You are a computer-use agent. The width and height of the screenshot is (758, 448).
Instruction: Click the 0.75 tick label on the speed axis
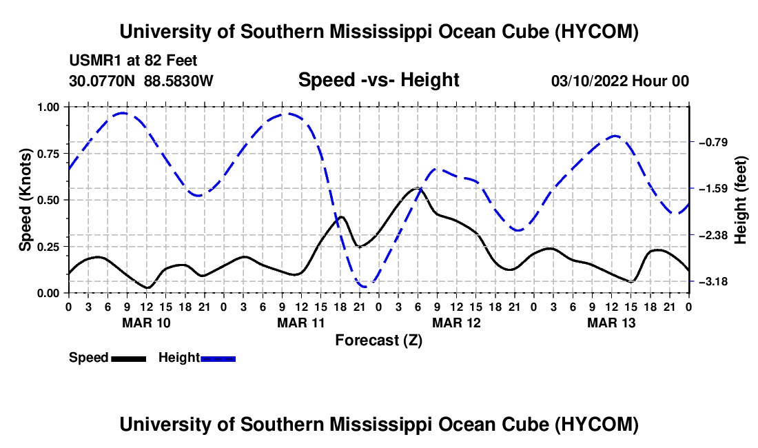coord(48,154)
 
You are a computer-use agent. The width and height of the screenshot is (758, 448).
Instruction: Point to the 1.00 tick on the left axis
coord(48,107)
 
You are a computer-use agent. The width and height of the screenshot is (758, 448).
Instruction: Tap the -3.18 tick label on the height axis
coord(713,281)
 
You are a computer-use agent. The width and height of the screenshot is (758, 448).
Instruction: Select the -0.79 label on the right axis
coord(713,142)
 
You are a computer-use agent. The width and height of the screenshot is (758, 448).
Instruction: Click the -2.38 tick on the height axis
coord(713,235)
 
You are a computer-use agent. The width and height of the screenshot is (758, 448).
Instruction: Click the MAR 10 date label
coord(147,323)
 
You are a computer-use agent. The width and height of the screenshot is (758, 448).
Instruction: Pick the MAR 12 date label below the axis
coord(456,323)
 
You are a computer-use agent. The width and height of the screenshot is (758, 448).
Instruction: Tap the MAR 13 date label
coord(611,323)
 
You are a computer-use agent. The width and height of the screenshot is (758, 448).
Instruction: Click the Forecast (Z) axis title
coord(379,340)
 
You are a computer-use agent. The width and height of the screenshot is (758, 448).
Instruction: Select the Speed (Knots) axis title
coord(25,200)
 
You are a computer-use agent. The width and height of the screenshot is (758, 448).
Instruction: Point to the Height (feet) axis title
coord(740,200)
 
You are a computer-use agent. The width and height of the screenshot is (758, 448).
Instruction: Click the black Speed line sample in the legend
coord(129,359)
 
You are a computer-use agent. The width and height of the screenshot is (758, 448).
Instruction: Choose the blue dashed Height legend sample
coord(218,359)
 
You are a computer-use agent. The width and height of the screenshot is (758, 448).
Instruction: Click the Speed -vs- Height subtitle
coord(378,80)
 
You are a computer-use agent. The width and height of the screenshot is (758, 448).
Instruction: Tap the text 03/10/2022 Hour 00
coord(620,81)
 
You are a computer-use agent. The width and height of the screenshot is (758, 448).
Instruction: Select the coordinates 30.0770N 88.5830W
coord(141,81)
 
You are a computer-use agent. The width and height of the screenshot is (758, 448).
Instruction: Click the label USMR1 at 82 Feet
coord(133,61)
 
